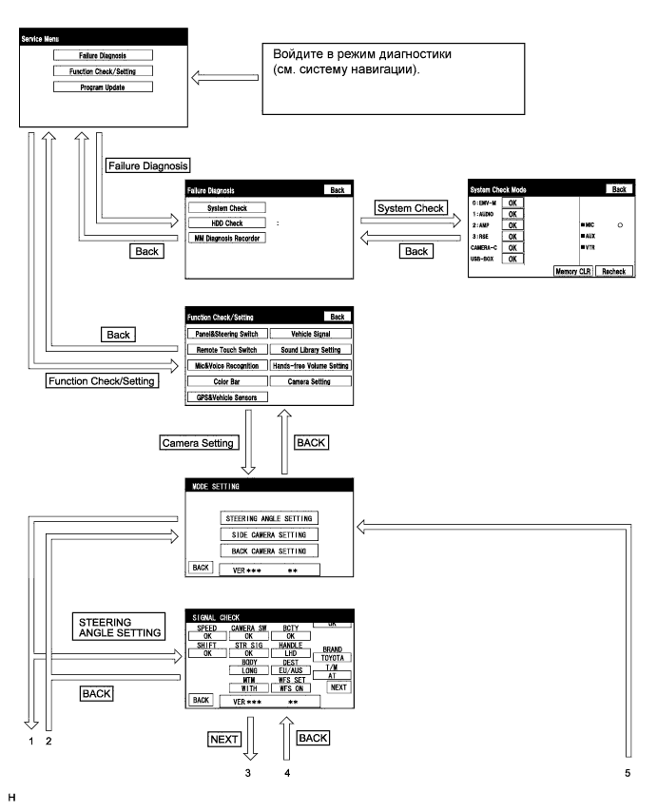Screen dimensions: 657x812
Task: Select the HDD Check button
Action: pyautogui.click(x=226, y=222)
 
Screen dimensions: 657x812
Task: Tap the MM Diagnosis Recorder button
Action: pyautogui.click(x=226, y=238)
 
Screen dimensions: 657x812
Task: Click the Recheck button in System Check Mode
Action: pyautogui.click(x=613, y=271)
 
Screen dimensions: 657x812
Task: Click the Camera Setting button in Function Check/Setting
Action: pyautogui.click(x=310, y=381)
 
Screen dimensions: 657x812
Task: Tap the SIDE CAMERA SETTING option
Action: pyautogui.click(x=268, y=534)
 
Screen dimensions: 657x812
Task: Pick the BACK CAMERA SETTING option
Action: pyautogui.click(x=268, y=551)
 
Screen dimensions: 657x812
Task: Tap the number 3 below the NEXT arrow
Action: pyautogui.click(x=248, y=772)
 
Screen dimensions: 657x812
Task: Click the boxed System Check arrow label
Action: pyautogui.click(x=411, y=208)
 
